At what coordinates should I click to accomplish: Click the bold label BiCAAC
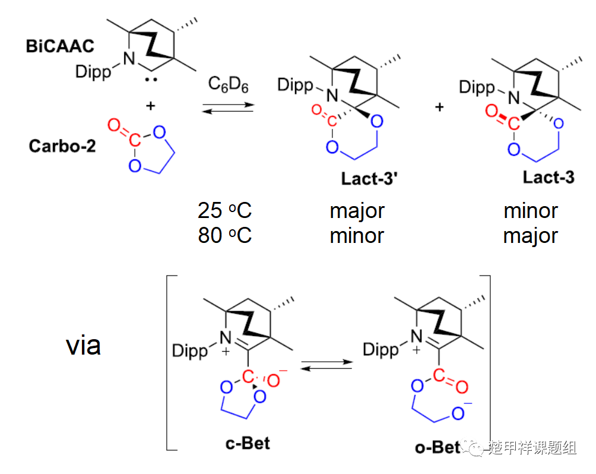click(x=60, y=46)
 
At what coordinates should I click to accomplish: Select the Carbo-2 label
click(x=62, y=146)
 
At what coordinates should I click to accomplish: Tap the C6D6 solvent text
click(x=228, y=84)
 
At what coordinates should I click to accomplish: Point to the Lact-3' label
click(x=369, y=178)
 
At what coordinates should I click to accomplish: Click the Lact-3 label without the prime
click(x=549, y=177)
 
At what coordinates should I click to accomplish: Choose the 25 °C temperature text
click(x=224, y=210)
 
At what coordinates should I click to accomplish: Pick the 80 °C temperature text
click(x=224, y=235)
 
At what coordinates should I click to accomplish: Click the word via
click(x=83, y=346)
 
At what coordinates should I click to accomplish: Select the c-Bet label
click(x=248, y=444)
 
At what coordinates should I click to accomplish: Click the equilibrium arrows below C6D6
click(x=228, y=108)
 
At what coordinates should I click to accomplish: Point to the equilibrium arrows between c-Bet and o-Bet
click(x=326, y=365)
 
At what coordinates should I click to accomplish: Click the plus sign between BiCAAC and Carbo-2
click(x=151, y=106)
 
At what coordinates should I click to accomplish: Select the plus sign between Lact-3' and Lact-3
click(x=439, y=108)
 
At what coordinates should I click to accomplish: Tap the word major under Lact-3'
click(x=357, y=211)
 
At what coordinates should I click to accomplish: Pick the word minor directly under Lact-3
click(x=531, y=211)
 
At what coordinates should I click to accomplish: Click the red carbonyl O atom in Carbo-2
click(x=114, y=125)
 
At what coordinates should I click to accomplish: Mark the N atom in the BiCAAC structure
click(x=129, y=59)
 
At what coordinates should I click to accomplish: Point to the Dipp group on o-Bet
click(x=381, y=350)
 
